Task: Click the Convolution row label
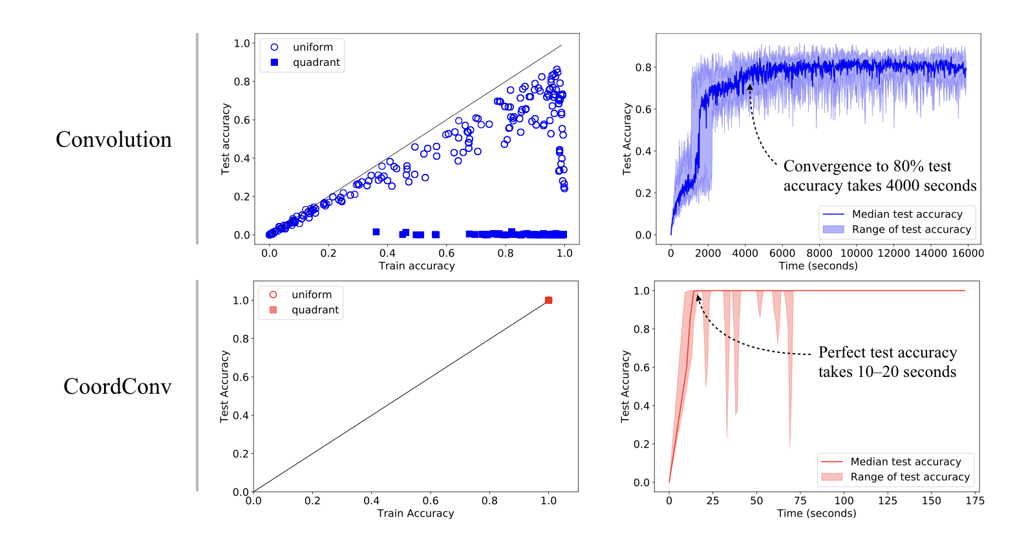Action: pyautogui.click(x=114, y=140)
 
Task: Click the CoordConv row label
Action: pyautogui.click(x=118, y=387)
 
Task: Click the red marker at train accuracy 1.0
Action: pyautogui.click(x=548, y=300)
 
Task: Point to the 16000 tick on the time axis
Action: pyautogui.click(x=967, y=253)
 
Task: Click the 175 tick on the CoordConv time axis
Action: pyautogui.click(x=975, y=500)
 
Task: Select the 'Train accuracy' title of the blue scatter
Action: pyautogui.click(x=417, y=266)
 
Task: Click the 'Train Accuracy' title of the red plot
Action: pyautogui.click(x=416, y=513)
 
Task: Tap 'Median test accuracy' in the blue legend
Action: pyautogui.click(x=907, y=214)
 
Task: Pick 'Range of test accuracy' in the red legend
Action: pyautogui.click(x=910, y=477)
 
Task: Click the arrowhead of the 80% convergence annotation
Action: pyautogui.click(x=750, y=87)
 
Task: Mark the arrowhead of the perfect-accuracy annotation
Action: pyautogui.click(x=698, y=298)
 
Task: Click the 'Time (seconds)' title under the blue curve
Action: pyautogui.click(x=818, y=266)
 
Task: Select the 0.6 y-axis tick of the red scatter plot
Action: pyautogui.click(x=241, y=377)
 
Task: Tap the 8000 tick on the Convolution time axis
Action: pyautogui.click(x=819, y=253)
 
